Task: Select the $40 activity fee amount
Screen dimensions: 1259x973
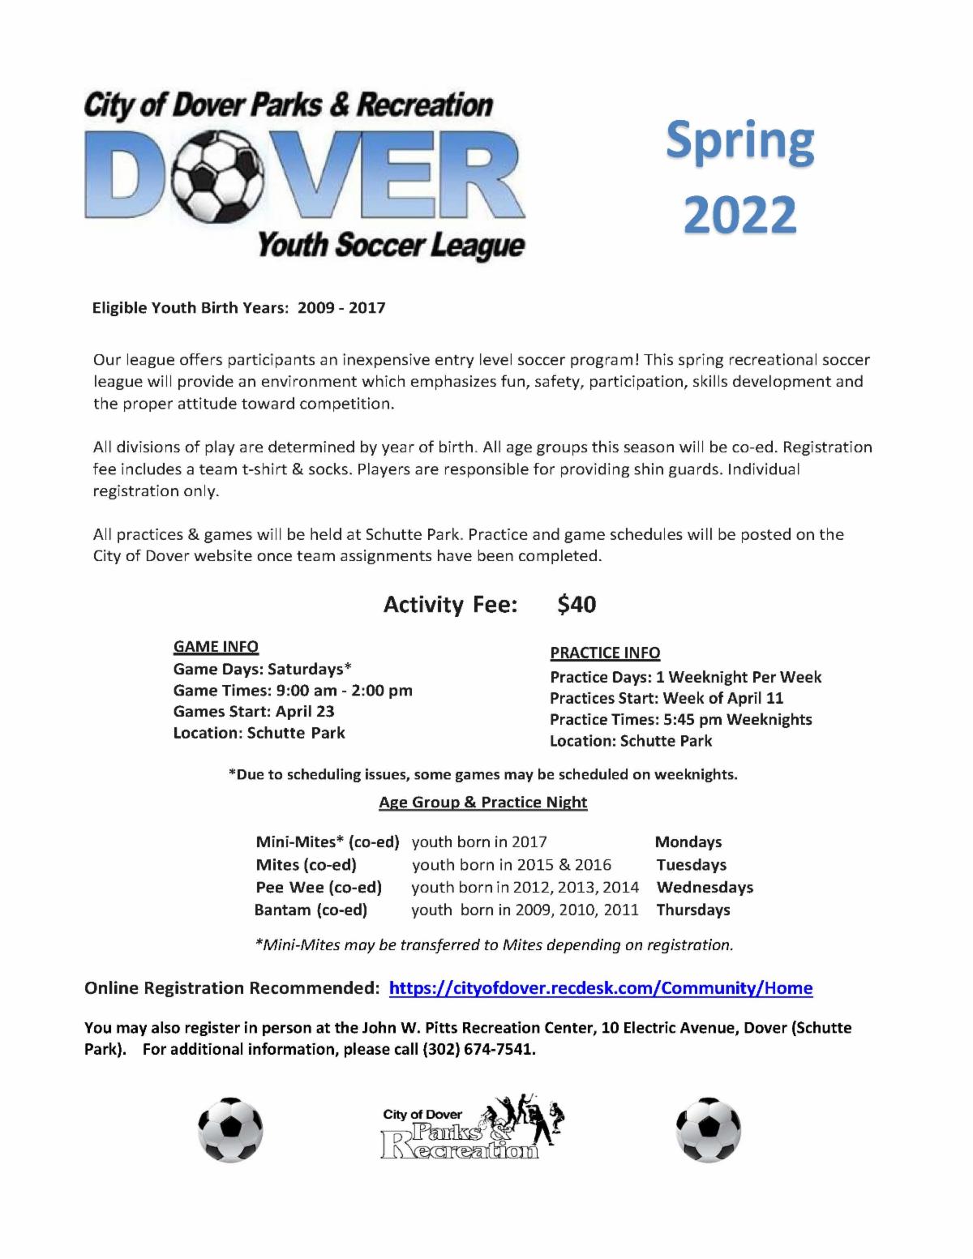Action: [577, 604]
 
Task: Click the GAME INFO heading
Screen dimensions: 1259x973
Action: [216, 646]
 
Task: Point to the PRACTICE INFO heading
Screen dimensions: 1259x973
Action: [605, 653]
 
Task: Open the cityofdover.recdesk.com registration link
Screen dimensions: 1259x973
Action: [601, 987]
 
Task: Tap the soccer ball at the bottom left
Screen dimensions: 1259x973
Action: [230, 1129]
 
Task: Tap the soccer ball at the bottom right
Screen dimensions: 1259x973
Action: [708, 1129]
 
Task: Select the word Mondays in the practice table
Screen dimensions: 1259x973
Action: [688, 842]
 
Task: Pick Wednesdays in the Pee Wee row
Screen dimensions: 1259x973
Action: [705, 887]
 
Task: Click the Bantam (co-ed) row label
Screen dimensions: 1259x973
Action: [311, 910]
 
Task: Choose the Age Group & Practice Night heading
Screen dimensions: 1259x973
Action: [482, 802]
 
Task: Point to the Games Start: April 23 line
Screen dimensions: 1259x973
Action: [254, 711]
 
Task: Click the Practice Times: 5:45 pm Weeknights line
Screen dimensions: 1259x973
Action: [680, 719]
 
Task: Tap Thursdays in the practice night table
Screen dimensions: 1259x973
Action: [693, 910]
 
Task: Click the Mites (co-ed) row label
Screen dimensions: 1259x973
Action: [306, 865]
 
